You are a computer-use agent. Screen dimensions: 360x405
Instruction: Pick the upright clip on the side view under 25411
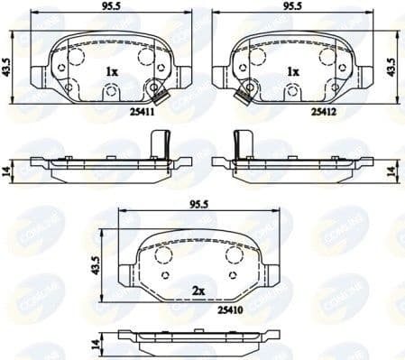[161, 144]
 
